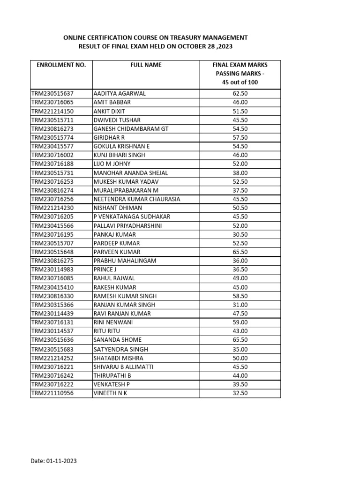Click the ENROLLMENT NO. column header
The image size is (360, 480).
[61, 65]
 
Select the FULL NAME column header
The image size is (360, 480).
[146, 65]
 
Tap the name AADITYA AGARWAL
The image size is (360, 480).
[120, 93]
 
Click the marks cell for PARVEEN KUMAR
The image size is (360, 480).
[240, 252]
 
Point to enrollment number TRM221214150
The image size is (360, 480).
[52, 111]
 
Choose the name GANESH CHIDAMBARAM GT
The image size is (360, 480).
[131, 128]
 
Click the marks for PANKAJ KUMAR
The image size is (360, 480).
[240, 234]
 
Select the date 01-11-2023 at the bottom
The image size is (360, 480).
[61, 461]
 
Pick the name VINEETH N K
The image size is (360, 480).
[110, 393]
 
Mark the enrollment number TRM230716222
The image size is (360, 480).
[52, 384]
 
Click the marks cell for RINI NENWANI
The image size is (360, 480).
[240, 322]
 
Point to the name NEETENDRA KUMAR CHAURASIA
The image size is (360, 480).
[137, 199]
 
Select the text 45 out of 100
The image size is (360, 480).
[240, 82]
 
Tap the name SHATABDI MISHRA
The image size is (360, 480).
[119, 358]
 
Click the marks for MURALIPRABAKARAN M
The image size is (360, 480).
[240, 190]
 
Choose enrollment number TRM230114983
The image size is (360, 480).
[52, 270]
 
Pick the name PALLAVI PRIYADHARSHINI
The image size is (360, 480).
[128, 225]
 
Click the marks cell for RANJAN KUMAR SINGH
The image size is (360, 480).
[240, 305]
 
